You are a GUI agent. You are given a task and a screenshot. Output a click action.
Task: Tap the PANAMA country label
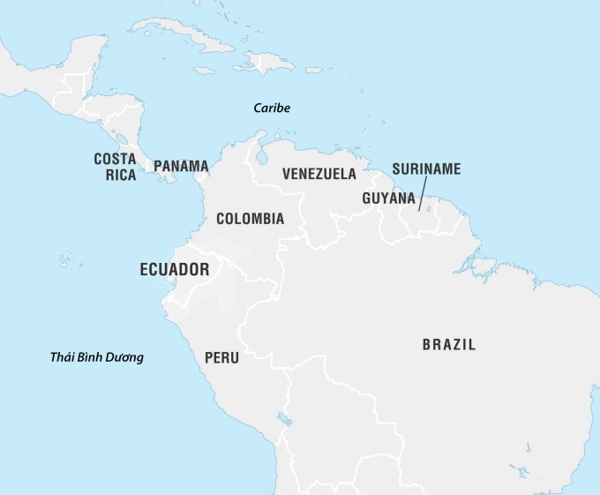(x=181, y=166)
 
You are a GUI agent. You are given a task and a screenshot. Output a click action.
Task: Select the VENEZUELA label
(x=319, y=174)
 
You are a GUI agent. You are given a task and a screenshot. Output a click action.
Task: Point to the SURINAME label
(x=426, y=169)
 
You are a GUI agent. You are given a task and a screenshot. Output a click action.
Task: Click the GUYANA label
(x=388, y=199)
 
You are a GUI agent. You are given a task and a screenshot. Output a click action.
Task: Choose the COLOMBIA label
(x=250, y=219)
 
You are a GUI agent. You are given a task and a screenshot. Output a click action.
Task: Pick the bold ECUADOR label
(x=175, y=270)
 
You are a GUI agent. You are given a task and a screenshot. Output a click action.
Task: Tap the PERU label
(x=221, y=358)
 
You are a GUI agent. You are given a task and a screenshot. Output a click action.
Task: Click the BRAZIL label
(x=448, y=345)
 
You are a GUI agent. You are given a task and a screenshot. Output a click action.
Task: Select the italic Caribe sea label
(x=272, y=108)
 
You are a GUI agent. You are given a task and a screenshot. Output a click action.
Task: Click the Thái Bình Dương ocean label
(x=97, y=357)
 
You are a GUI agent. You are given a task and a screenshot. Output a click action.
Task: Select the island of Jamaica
(x=204, y=71)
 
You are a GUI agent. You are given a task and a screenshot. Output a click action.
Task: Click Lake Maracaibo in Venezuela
(x=261, y=155)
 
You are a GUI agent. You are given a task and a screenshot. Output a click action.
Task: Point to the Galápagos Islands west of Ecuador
(x=66, y=261)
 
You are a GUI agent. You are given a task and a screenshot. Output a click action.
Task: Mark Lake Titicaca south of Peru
(x=284, y=418)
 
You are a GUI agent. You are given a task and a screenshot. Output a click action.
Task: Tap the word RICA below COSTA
(x=122, y=175)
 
